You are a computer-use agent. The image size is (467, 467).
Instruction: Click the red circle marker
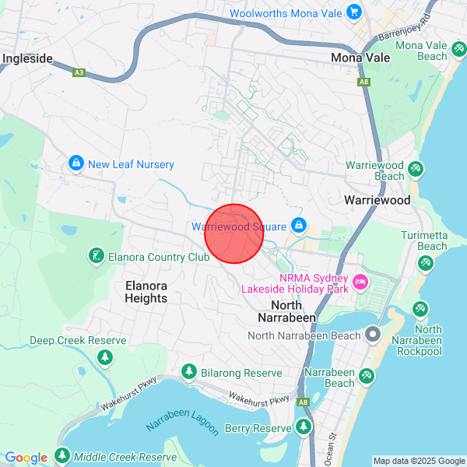pos(234,233)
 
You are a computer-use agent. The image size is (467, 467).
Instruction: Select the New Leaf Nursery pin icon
pos(75,164)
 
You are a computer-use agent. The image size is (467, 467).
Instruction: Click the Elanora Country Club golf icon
pos(96,256)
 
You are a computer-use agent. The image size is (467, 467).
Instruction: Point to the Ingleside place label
pos(28,58)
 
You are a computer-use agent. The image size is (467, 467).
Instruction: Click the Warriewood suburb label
pos(377,200)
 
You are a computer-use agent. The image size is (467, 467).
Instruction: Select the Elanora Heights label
pos(146,292)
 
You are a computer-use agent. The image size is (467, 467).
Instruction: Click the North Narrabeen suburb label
pos(293,311)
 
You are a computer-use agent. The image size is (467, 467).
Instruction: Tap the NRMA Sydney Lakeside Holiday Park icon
pos(360,282)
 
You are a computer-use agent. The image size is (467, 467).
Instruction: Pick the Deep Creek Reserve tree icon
pos(104,357)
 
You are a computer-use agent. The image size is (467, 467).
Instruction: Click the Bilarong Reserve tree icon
pos(188,373)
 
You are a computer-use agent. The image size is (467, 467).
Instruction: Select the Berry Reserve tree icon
pos(304,427)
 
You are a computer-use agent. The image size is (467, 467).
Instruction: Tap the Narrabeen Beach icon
pos(366,376)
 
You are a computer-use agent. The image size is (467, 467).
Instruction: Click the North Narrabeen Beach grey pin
pos(373,335)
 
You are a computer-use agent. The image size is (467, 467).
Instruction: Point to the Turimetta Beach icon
pos(425,264)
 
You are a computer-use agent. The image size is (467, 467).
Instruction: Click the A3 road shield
pos(78,72)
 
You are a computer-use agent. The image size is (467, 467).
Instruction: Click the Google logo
pos(26,458)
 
